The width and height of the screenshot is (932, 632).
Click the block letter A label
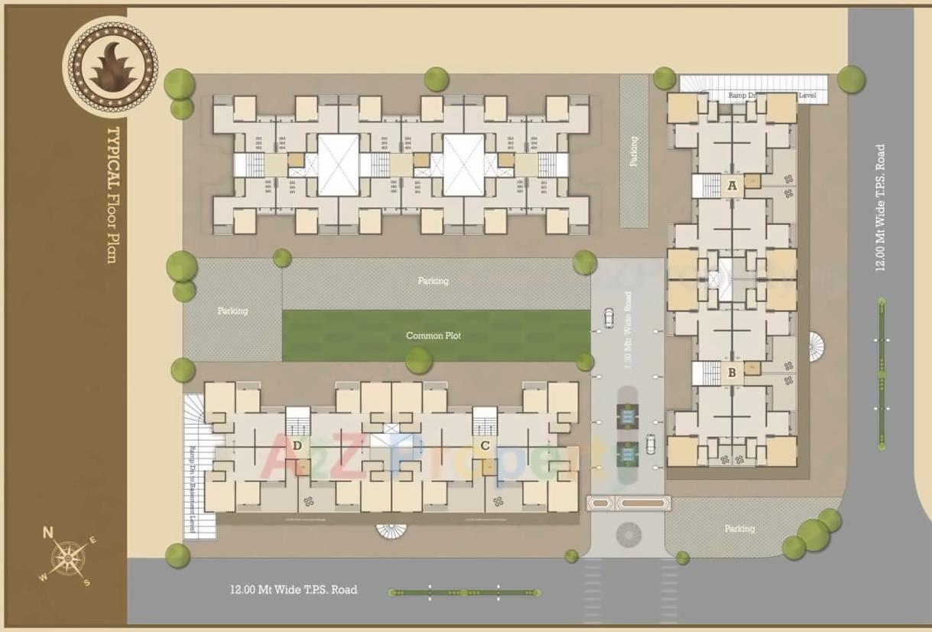point(732,185)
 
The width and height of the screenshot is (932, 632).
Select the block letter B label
point(732,373)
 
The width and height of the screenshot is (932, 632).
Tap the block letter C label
point(485,445)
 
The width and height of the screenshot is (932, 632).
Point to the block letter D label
point(297,445)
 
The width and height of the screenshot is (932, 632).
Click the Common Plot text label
point(434,336)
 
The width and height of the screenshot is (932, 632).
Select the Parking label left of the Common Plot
point(232,311)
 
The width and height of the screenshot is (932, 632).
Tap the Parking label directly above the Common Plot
point(433,281)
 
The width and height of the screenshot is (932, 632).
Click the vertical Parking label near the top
point(634,151)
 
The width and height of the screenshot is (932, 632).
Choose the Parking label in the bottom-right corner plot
point(739,529)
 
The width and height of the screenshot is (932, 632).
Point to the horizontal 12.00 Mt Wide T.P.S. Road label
point(294,590)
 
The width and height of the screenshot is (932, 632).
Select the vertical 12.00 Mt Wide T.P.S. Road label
point(881,207)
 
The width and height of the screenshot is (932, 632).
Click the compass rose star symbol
point(70,558)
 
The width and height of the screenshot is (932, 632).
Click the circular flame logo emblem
point(112,67)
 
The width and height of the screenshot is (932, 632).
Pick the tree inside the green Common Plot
point(418,360)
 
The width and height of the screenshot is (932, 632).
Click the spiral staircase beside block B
point(817,347)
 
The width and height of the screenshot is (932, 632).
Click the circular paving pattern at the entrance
point(629,535)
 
